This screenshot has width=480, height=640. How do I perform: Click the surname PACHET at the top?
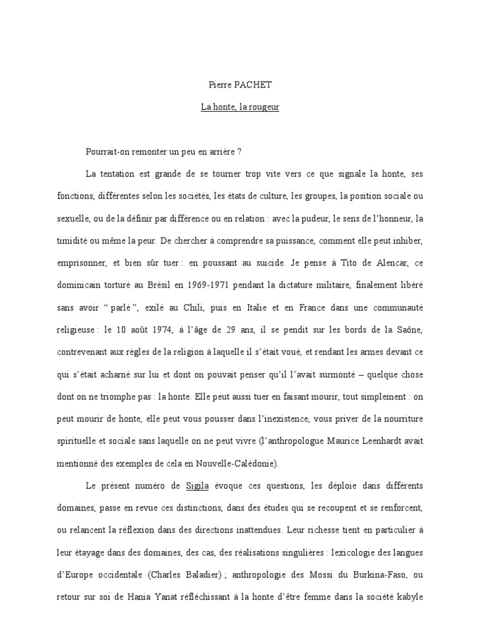[253, 82]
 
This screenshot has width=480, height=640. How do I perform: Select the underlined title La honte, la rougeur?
[239, 107]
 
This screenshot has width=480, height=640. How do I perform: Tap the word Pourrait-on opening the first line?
[110, 152]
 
